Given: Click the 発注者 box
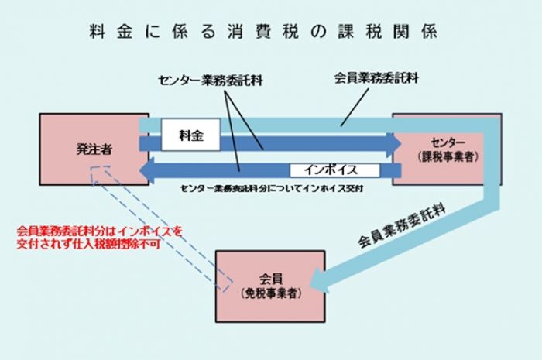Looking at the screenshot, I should pos(94,149).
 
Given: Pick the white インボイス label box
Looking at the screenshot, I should pos(334,170).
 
